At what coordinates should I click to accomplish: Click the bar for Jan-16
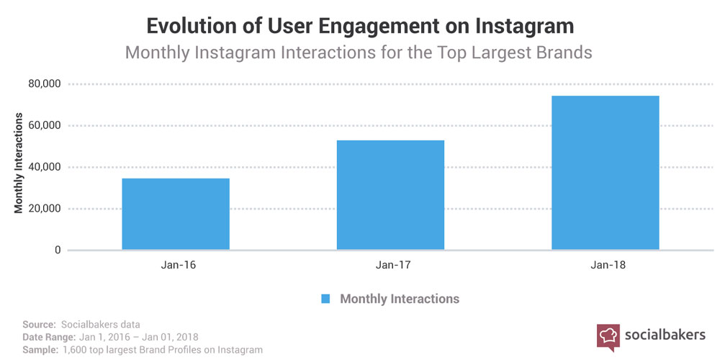tap(176, 214)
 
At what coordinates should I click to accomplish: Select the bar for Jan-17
tap(390, 195)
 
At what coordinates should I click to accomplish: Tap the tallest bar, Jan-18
tap(605, 173)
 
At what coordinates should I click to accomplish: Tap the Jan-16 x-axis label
tap(176, 265)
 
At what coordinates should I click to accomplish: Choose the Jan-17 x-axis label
tap(390, 265)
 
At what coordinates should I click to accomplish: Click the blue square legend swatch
tap(325, 298)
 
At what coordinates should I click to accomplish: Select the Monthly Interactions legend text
tap(400, 298)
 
